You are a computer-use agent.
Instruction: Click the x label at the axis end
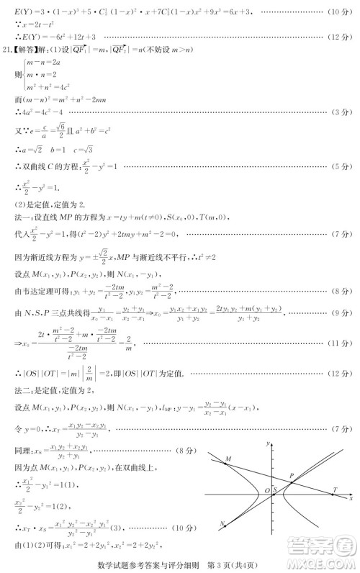pos(351,498)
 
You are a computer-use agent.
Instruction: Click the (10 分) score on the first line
pos(337,14)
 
